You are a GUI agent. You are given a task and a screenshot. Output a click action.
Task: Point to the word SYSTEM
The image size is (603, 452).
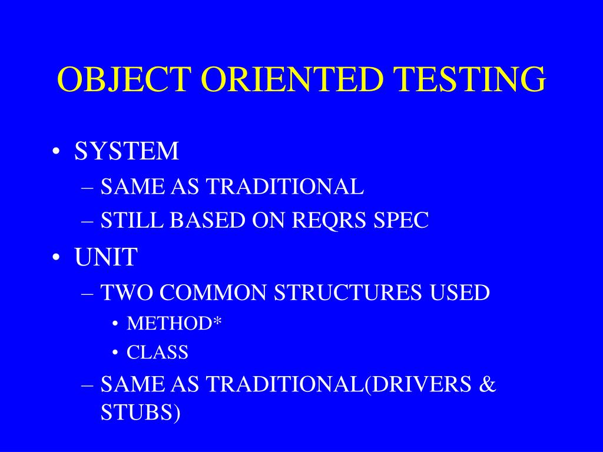[x=127, y=151]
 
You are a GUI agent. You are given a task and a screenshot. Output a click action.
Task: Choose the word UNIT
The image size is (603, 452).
[x=106, y=257]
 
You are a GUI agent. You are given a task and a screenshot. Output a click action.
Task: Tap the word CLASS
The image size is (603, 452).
[x=157, y=353]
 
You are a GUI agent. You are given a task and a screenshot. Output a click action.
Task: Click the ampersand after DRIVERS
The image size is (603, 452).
[x=488, y=384]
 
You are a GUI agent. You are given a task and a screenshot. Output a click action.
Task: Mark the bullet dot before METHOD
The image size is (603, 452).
[x=115, y=324]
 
